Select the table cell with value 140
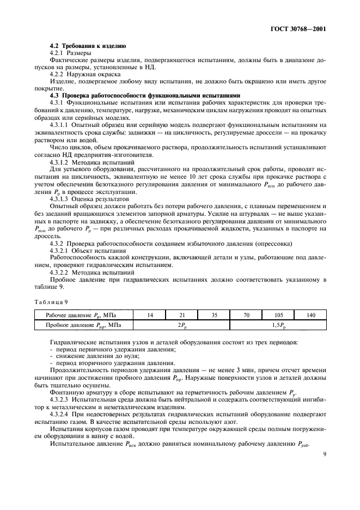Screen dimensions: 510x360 (310, 315)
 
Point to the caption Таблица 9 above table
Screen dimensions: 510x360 (50, 301)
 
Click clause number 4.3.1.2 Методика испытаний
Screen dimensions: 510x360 (58, 162)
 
